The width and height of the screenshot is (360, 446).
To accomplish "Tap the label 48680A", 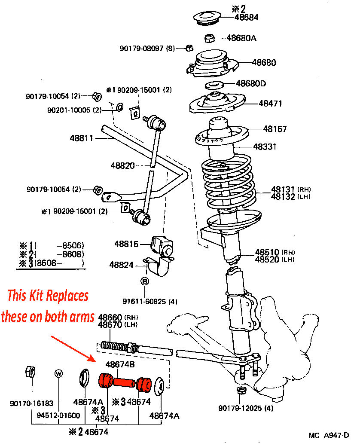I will coord(241,38).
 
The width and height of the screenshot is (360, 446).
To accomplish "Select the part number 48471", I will coord(271,103).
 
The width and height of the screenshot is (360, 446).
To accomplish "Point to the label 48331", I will coord(265,147).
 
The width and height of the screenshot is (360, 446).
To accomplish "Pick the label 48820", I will coord(122,165).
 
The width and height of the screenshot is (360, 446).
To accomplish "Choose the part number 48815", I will coord(126,244).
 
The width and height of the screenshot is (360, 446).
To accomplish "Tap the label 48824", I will coord(121,265).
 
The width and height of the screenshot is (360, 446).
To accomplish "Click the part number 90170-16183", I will coord(32,403).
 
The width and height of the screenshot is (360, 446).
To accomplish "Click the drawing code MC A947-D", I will coord(329,435).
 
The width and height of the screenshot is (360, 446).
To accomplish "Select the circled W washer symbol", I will coord(59,374).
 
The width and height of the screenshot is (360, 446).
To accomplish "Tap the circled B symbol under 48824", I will coord(145,281).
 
